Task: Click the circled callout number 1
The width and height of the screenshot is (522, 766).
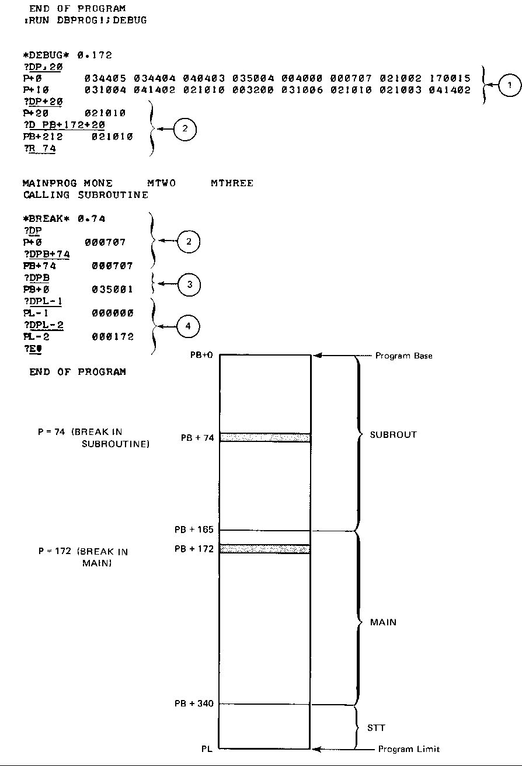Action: [510, 85]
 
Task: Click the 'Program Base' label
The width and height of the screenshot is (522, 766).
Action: [403, 356]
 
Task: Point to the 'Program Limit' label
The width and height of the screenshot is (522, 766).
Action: [409, 749]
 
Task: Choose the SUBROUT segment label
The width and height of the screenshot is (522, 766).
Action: [394, 435]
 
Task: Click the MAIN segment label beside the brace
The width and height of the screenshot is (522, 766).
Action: [383, 622]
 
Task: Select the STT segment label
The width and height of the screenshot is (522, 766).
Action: [376, 728]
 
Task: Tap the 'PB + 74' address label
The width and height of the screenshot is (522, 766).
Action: [197, 438]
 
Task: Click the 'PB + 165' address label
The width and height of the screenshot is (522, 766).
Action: [194, 530]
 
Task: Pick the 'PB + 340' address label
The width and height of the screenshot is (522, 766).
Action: [194, 704]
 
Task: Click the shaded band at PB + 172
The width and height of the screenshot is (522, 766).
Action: [265, 549]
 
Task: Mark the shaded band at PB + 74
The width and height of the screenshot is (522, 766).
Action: [265, 437]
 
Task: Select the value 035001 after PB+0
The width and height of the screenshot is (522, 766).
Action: [113, 289]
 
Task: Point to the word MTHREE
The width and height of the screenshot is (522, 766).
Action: [232, 183]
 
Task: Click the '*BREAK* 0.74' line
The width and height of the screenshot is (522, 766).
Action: [64, 218]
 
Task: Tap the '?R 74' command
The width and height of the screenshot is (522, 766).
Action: [40, 149]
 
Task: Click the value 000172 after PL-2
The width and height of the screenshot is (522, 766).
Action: [113, 337]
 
